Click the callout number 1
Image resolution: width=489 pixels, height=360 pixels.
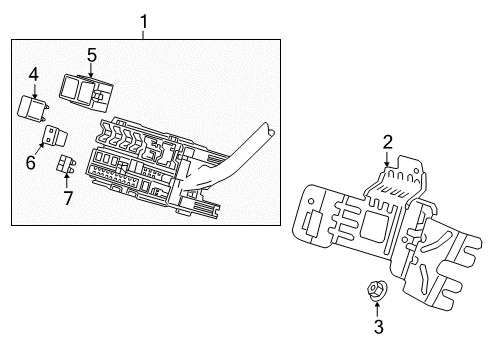144,20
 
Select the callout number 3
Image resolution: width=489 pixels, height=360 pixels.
378,326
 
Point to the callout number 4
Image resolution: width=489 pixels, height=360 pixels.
33,73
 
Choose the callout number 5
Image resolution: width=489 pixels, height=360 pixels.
91,55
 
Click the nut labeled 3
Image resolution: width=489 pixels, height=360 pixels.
377,292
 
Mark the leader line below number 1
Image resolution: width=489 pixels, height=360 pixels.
144,34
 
